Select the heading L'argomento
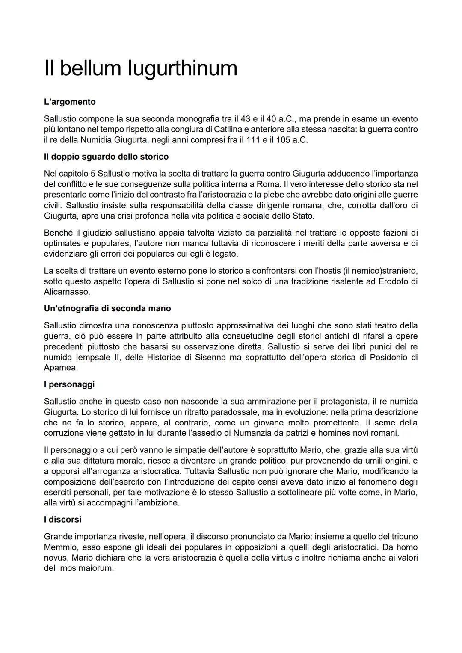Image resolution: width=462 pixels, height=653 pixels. [x=70, y=102]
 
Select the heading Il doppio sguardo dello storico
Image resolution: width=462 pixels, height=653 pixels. [x=106, y=157]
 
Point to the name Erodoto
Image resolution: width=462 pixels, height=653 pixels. [x=394, y=281]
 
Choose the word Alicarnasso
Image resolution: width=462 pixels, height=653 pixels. [x=67, y=292]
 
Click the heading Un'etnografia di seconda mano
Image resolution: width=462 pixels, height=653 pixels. [x=107, y=308]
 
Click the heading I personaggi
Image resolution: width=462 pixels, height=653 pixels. [x=69, y=384]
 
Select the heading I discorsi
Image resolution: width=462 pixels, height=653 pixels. [x=62, y=520]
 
